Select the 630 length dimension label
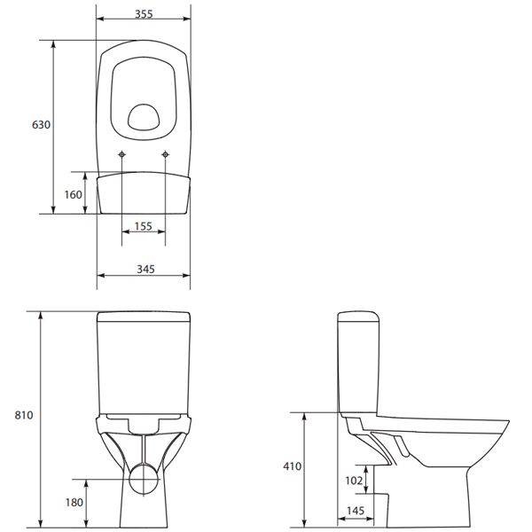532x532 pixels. [x=41, y=125]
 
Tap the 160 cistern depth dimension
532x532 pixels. [x=73, y=194]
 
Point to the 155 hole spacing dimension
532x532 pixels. [x=143, y=227]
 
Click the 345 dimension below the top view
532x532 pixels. [x=142, y=268]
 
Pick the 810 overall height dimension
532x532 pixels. [x=23, y=415]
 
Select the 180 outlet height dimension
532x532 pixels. [x=73, y=502]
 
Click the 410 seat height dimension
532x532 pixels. [x=293, y=466]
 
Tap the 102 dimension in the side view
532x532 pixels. [x=353, y=480]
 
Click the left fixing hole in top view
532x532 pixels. [x=121, y=156]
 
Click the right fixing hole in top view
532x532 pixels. [x=166, y=156]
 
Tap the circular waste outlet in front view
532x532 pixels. [x=143, y=480]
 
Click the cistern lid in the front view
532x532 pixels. [x=144, y=317]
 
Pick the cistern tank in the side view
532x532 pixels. [x=359, y=364]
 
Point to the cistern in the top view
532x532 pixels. [x=143, y=193]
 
